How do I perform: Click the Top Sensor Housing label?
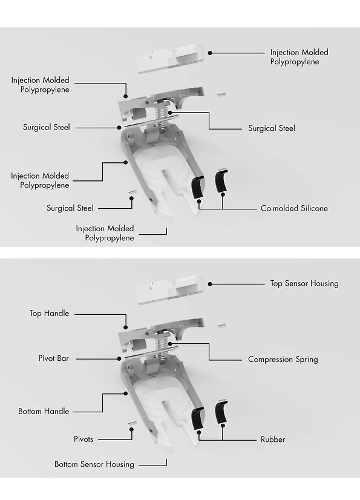304,283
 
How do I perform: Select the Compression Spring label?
283,360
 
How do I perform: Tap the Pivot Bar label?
54,358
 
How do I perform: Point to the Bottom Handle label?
44,412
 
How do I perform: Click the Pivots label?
83,439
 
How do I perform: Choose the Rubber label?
273,439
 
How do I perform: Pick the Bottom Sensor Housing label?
94,464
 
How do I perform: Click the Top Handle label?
49,314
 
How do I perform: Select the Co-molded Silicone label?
294,208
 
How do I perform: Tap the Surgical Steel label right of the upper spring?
271,128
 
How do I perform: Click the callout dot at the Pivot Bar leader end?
119,359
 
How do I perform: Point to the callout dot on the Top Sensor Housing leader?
210,284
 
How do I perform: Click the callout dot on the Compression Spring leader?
170,344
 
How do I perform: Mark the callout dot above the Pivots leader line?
131,429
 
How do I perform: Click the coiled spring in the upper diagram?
162,117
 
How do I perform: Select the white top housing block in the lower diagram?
169,289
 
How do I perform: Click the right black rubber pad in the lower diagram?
221,412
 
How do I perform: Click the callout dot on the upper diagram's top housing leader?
210,53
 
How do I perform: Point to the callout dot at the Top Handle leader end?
126,327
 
